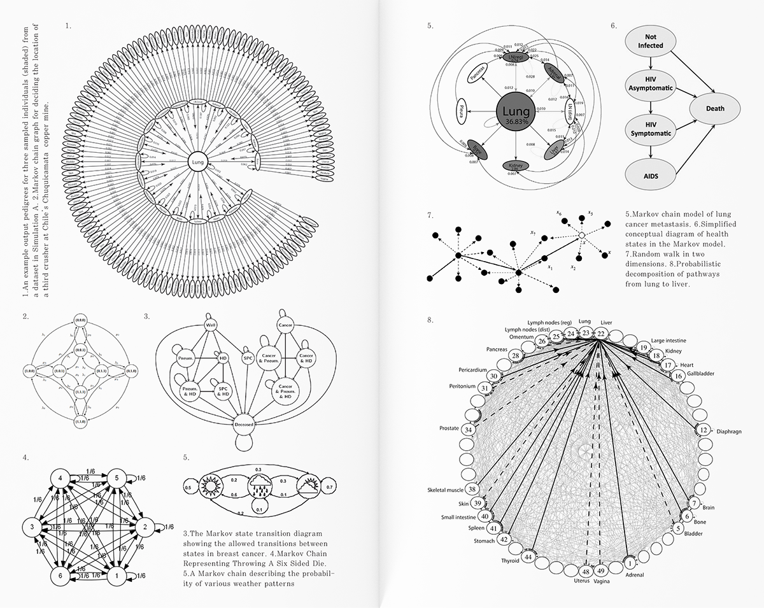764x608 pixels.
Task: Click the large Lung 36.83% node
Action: click(513, 113)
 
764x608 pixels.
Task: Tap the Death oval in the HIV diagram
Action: click(714, 108)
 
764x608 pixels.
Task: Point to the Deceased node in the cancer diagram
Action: click(243, 424)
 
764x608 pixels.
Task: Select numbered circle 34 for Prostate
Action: click(469, 430)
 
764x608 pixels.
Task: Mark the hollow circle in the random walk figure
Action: click(581, 237)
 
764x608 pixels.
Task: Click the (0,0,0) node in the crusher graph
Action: click(81, 318)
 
